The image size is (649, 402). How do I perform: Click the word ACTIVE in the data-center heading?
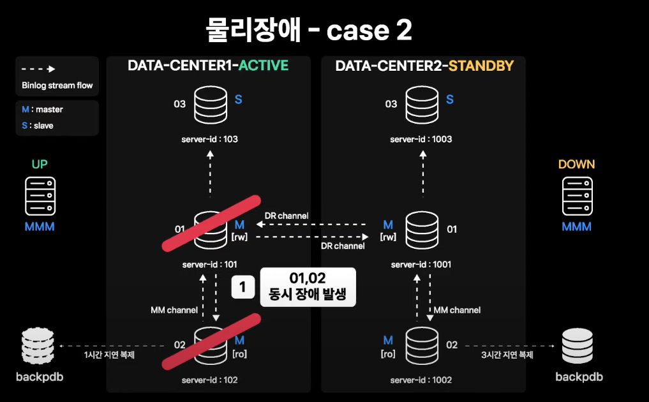coord(263,66)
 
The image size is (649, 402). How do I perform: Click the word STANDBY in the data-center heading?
coord(481,66)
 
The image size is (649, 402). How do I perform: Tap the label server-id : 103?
coord(211,139)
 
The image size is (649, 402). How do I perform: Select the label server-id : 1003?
coord(421,139)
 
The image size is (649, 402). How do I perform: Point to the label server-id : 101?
coord(210,264)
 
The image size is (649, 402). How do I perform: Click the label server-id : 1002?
coord(421,380)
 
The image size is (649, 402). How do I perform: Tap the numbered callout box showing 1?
coord(242,287)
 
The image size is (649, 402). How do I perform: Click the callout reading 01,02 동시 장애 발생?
coord(308,287)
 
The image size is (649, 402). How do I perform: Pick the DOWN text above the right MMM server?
coord(576,165)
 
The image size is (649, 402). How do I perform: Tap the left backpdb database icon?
coord(38,346)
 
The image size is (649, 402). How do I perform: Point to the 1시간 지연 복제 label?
coord(109,355)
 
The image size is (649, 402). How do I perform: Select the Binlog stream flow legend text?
coord(57,86)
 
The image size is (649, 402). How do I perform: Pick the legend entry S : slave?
coord(38,126)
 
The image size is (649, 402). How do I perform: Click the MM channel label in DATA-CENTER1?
coord(174,310)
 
